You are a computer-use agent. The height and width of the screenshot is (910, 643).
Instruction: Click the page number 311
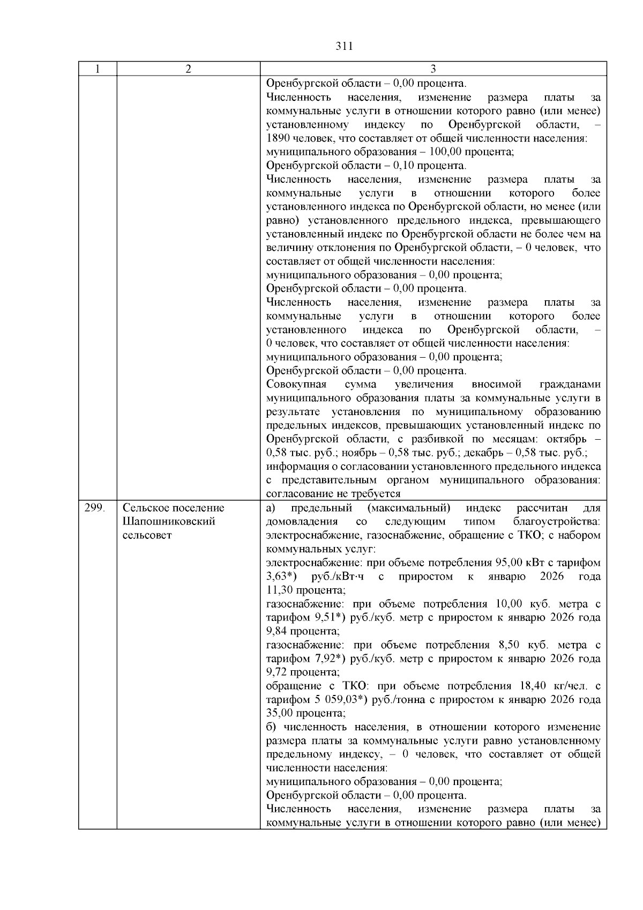tap(344, 46)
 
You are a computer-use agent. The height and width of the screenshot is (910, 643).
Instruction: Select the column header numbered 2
tap(188, 69)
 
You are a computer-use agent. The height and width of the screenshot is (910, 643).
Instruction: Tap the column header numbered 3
tap(433, 69)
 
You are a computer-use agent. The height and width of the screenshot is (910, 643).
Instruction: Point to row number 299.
tap(94, 508)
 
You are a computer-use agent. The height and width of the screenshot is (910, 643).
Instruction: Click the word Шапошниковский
tap(169, 521)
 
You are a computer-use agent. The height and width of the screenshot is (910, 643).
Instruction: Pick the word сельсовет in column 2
tap(147, 535)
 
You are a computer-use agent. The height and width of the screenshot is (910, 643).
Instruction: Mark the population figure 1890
tap(278, 138)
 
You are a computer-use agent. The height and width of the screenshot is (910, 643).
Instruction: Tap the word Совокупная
tap(296, 384)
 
